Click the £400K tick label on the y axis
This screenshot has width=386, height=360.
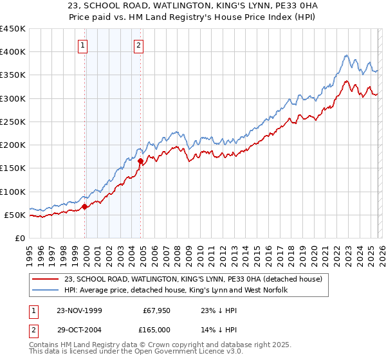pos(13,52)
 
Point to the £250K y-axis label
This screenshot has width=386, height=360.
pos(13,122)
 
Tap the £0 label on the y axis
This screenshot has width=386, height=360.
pos(19,238)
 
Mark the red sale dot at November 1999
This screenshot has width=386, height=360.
pos(84,206)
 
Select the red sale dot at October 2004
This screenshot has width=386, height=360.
pos(140,161)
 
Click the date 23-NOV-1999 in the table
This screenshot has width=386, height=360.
pos(79,310)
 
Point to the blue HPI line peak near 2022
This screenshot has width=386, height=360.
pos(346,56)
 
